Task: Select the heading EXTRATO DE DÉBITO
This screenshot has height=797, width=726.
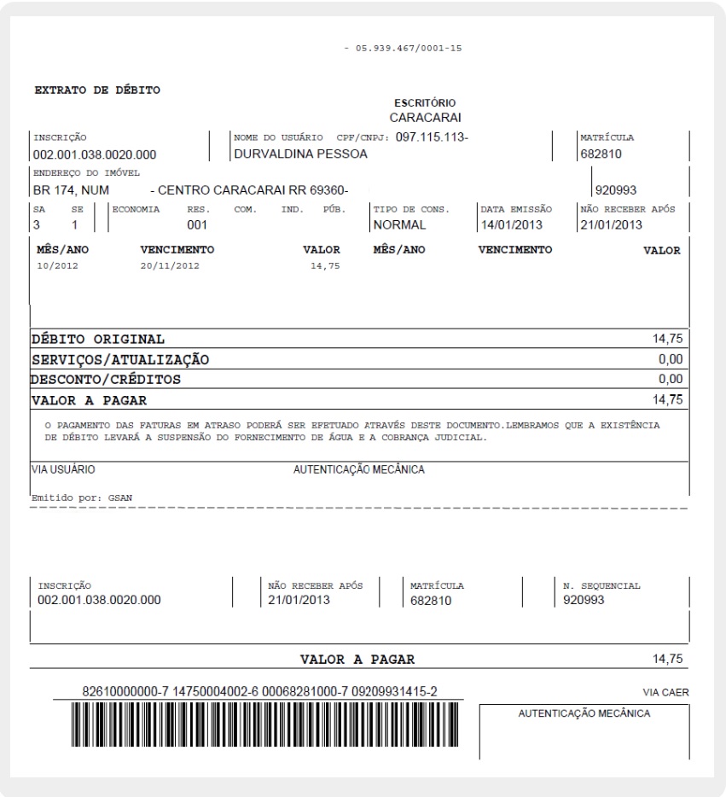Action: (97, 90)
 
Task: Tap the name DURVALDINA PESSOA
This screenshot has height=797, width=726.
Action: (300, 154)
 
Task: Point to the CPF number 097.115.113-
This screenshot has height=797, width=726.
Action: (432, 137)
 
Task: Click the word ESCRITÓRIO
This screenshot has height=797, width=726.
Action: (425, 103)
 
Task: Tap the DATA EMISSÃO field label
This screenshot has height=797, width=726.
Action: (516, 209)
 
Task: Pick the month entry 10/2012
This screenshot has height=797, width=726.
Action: (57, 265)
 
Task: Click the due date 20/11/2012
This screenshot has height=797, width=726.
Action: (169, 265)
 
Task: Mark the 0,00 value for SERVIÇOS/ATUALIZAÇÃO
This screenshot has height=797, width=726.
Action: (671, 359)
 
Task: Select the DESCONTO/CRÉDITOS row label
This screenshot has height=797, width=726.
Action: (106, 379)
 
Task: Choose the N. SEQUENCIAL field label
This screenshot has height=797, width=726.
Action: (601, 586)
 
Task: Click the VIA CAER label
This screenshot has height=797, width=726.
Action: (665, 692)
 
